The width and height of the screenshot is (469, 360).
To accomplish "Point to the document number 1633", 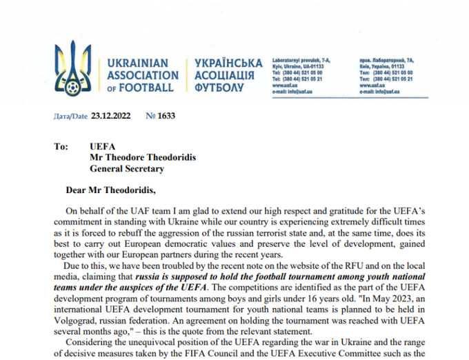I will pos(166,117).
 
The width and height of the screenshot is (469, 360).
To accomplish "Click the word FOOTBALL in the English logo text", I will pos(147,88).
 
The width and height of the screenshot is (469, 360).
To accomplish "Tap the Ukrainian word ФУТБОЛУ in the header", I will pos(219,88).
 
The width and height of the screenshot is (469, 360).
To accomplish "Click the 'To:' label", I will pos(61,146).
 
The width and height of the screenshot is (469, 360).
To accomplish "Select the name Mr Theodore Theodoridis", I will pos(142,157).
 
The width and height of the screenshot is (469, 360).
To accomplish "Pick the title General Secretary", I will pos(127,168).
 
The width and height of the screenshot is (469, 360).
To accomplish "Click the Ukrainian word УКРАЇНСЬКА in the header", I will pos(229,63).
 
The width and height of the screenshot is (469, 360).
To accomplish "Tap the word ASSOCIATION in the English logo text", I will pos(143,75).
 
